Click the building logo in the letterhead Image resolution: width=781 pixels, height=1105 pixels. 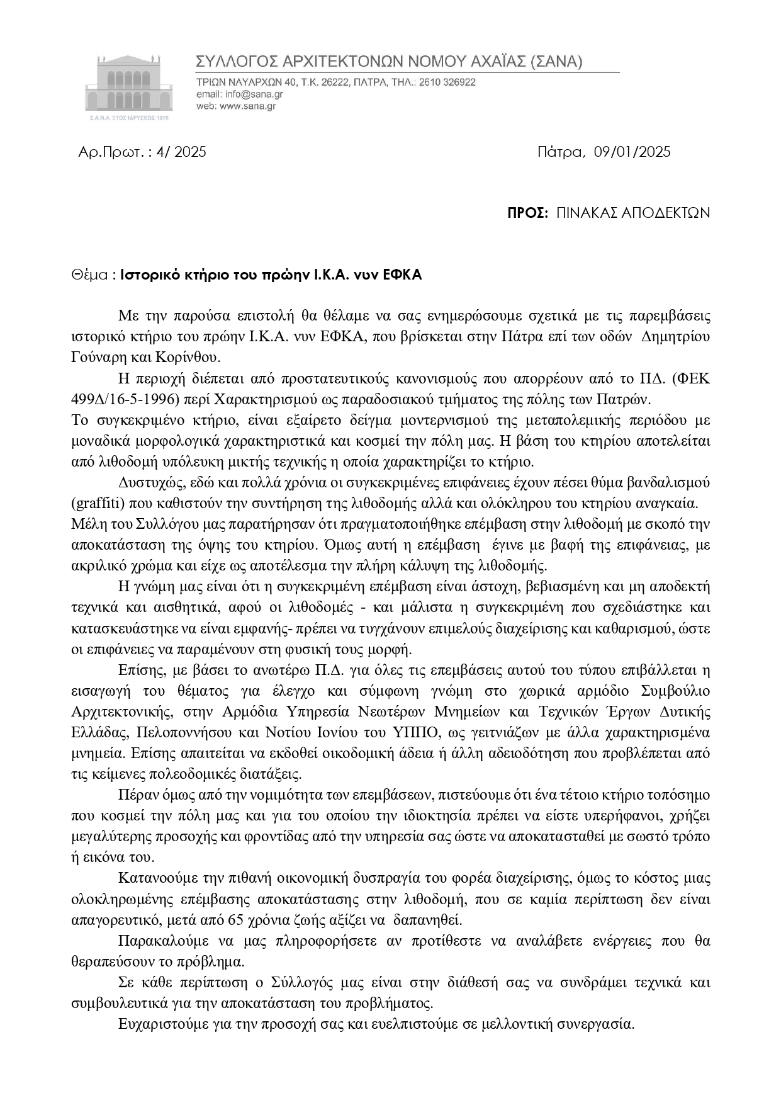pos(128,87)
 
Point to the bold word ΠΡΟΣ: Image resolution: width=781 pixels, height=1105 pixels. pos(528,213)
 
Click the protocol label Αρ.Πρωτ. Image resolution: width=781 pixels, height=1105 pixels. pos(105,152)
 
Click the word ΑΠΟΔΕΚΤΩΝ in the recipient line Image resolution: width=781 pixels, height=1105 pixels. pos(665,213)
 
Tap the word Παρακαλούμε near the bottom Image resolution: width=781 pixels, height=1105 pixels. pos(157,941)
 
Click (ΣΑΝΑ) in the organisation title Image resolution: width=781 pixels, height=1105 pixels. pos(557,62)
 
